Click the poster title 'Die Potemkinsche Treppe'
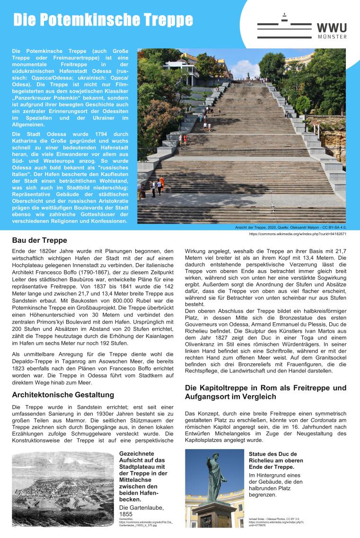tap(103, 20)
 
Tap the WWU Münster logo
tap(302, 27)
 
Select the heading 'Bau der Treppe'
tap(39, 240)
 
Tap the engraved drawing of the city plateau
tap(63, 485)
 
